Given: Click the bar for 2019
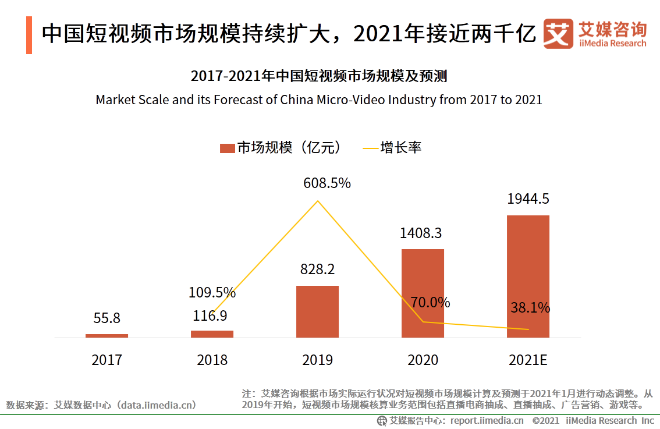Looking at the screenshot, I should (x=317, y=311).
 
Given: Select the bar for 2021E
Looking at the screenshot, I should (x=528, y=276).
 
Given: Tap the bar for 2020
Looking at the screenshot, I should (x=423, y=293).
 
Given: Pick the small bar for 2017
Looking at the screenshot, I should (x=107, y=336).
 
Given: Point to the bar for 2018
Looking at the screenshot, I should (x=212, y=334).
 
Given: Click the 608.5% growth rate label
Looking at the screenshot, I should (x=327, y=183).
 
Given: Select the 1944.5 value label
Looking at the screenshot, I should (x=528, y=199).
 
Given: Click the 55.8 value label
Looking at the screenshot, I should (x=107, y=318).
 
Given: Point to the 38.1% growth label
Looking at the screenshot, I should (x=530, y=308).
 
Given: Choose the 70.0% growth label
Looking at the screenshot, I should (x=430, y=303).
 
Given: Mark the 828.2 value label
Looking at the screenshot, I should (x=317, y=270).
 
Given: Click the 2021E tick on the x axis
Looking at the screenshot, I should (x=528, y=360).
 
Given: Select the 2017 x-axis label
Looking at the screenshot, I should (x=107, y=360).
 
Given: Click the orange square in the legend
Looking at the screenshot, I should (x=226, y=148).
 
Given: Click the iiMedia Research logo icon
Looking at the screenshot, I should (x=558, y=34).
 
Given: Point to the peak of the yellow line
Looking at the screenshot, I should (x=317, y=201).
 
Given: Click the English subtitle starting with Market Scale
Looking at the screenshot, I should (x=318, y=100).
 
